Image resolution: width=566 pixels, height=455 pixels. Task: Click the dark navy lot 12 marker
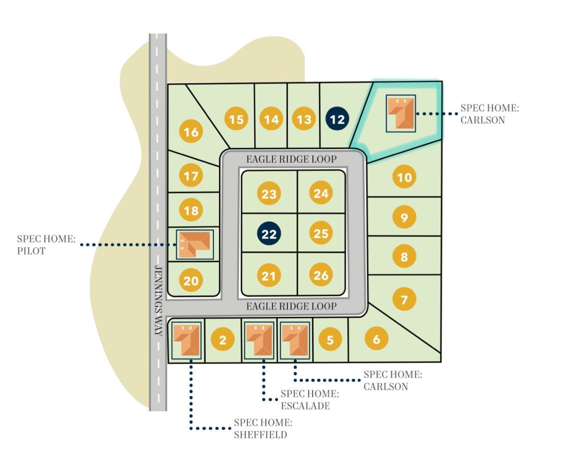[337, 119]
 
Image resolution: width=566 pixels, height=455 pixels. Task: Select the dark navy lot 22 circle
[269, 233]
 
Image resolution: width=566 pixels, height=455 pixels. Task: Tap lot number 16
[191, 131]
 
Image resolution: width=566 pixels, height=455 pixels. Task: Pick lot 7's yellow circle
[404, 299]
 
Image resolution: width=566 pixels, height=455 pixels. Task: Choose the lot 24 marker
[321, 193]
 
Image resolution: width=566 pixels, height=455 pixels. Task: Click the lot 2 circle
[223, 340]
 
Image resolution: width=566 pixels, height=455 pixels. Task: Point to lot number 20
[191, 281]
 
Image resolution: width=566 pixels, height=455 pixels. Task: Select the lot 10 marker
[404, 177]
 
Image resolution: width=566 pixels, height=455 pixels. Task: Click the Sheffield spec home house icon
[186, 340]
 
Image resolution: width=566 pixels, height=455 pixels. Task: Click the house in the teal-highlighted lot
[401, 113]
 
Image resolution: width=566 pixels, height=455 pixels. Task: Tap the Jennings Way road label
[158, 300]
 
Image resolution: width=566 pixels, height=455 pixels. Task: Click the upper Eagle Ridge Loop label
[291, 159]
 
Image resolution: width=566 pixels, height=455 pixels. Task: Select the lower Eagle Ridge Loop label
[291, 306]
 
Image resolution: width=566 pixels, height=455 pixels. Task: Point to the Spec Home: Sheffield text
[263, 428]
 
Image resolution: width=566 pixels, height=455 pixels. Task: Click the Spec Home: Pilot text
[46, 245]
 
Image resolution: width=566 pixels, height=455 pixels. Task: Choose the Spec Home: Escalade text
[310, 400]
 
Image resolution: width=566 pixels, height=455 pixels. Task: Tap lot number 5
[330, 340]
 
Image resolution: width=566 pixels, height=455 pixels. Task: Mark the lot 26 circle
[321, 275]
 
